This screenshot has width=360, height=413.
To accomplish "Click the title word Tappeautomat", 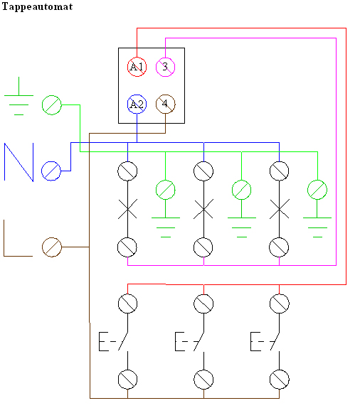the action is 37,7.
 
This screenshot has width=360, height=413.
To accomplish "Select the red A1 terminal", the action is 137,67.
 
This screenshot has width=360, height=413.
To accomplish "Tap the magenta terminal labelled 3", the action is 165,67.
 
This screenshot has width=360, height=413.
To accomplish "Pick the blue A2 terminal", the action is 137,104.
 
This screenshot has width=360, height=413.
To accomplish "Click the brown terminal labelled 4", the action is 165,104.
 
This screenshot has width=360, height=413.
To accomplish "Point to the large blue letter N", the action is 18,162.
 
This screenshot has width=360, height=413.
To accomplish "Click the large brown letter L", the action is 18,238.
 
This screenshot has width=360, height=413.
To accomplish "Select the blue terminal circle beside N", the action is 51,171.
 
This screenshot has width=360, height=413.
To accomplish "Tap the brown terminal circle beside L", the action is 52,247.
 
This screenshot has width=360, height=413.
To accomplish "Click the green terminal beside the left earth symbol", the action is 52,105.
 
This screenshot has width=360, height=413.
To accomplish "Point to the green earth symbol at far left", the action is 18,96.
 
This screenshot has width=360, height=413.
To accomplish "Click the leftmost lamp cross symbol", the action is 127,209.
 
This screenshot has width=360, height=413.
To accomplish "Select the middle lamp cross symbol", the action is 203,209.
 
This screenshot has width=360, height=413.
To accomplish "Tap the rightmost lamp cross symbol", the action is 280,209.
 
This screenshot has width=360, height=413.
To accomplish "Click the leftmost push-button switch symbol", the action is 114,341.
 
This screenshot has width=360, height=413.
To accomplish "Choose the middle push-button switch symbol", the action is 189,341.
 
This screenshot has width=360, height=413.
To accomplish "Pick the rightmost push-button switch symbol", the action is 265,341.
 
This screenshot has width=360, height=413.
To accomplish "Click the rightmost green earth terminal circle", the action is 317,190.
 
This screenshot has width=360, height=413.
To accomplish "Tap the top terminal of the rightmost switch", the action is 280,304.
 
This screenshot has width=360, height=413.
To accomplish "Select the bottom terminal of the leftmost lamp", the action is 127,247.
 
